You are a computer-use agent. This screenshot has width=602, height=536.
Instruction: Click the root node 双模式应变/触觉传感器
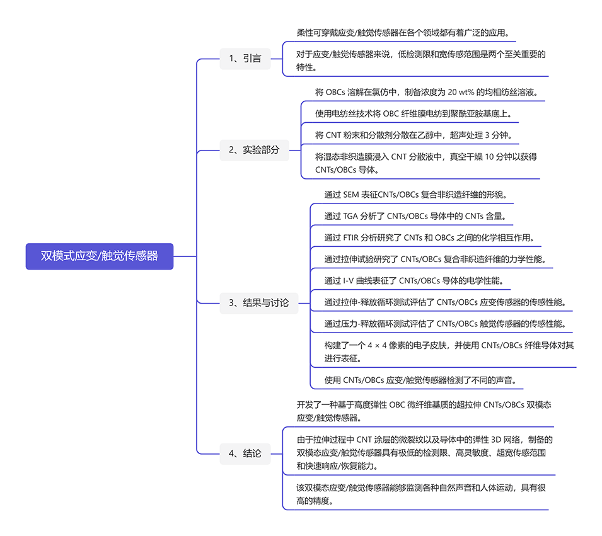coord(99,256)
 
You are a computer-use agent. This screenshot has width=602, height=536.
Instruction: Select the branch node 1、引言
coord(245,59)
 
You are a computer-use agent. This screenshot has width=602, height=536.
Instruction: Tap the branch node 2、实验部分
coord(254,150)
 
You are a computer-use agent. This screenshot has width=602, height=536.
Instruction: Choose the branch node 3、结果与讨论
coord(258,303)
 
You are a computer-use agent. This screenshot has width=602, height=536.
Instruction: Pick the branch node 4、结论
coord(245,453)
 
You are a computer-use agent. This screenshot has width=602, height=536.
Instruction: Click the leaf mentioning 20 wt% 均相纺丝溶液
coord(427,92)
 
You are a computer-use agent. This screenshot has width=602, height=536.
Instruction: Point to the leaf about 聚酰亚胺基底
coord(414,114)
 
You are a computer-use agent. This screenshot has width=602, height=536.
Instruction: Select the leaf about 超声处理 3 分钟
coord(414,135)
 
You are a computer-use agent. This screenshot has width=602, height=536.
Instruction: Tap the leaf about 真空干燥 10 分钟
coord(425,163)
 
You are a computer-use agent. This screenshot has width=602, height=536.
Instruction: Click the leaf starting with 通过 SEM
coord(415,195)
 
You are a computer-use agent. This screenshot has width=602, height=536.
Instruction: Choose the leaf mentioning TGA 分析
coord(415,216)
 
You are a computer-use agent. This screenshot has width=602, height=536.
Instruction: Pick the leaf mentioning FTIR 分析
coord(429,237)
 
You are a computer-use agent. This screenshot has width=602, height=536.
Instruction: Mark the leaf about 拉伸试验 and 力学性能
coord(435,259)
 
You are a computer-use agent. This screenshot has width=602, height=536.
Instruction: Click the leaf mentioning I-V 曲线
coord(414,280)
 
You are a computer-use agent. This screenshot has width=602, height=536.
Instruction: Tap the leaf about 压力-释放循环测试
coord(445,324)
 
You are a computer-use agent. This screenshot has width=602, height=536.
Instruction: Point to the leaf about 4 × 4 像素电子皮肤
coord(448,351)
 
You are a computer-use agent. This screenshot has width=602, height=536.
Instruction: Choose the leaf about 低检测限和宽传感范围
coord(420,60)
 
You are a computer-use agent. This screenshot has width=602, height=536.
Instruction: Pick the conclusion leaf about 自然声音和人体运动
coord(420,494)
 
